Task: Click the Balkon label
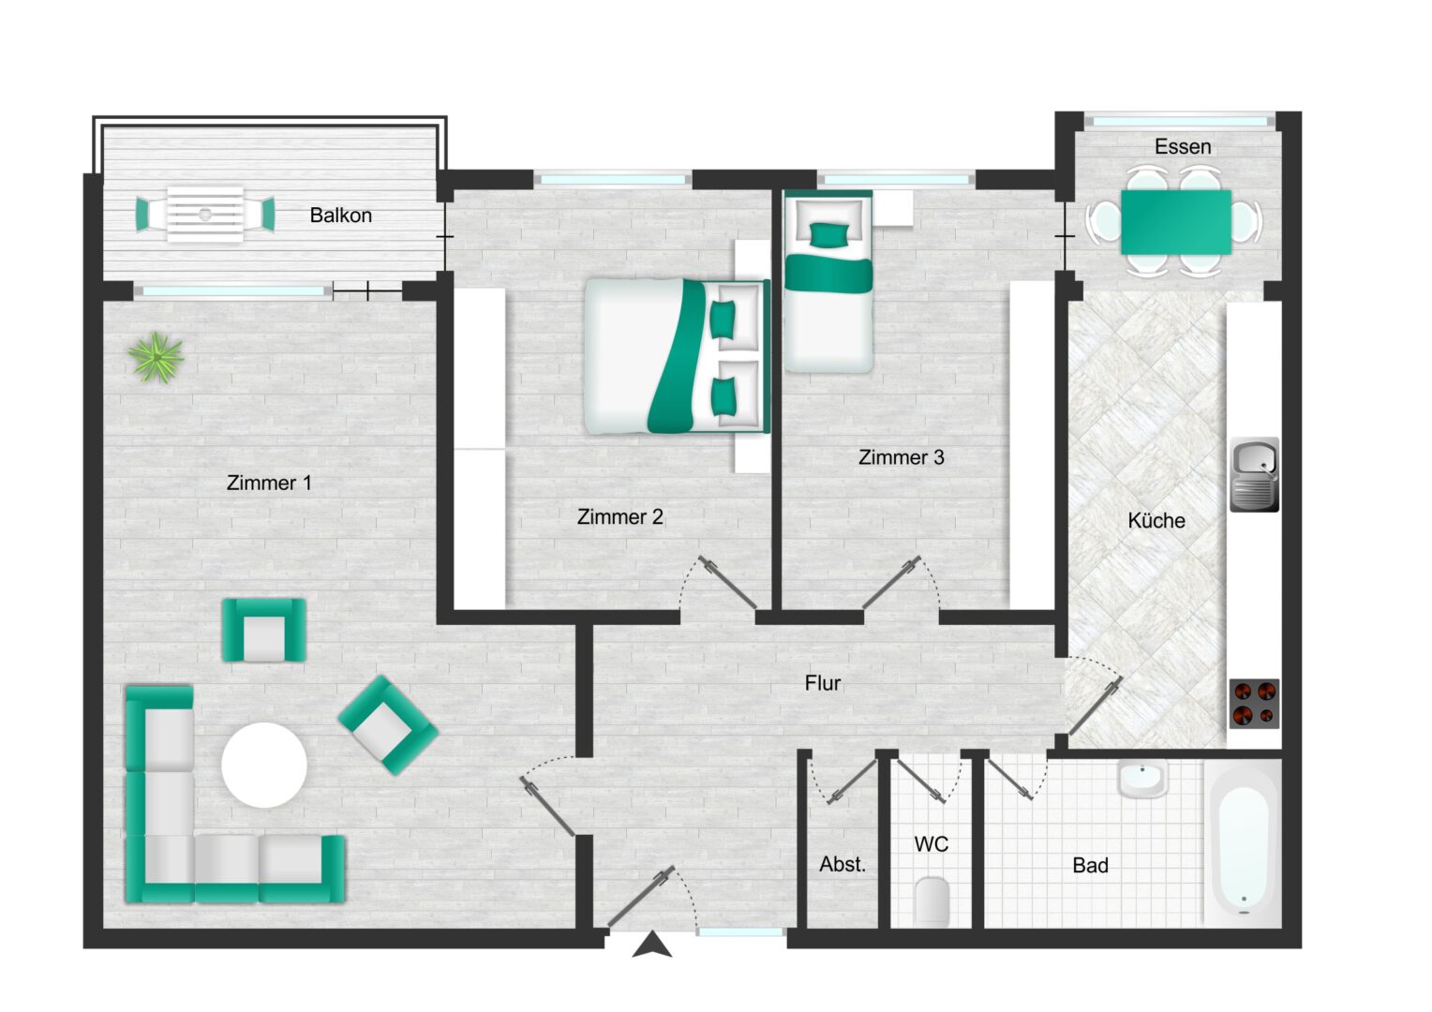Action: (x=341, y=216)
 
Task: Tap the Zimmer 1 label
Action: (x=269, y=483)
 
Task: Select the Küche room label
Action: (x=1156, y=520)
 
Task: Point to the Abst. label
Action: (x=843, y=864)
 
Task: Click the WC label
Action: (x=931, y=844)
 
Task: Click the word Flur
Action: (x=823, y=683)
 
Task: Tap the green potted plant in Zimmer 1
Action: (x=156, y=357)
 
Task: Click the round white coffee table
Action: (x=264, y=765)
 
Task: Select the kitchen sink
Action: (x=1254, y=474)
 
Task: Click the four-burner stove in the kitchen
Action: (x=1254, y=704)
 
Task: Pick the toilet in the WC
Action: (x=932, y=900)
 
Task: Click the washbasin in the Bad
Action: (x=1142, y=779)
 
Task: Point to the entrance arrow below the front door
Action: (x=652, y=945)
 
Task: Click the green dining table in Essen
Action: (x=1176, y=222)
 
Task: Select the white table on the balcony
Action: (x=205, y=215)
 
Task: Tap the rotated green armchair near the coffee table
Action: (x=388, y=725)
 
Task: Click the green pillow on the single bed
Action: (x=829, y=234)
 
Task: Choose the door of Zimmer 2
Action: (x=727, y=583)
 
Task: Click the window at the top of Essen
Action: (x=1180, y=122)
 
